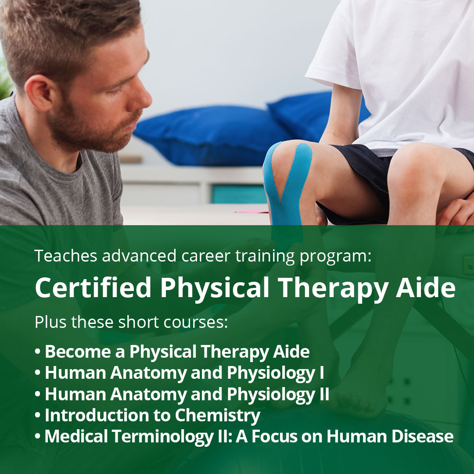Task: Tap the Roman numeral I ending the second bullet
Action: point(322,373)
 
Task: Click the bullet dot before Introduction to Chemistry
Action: point(38,416)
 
